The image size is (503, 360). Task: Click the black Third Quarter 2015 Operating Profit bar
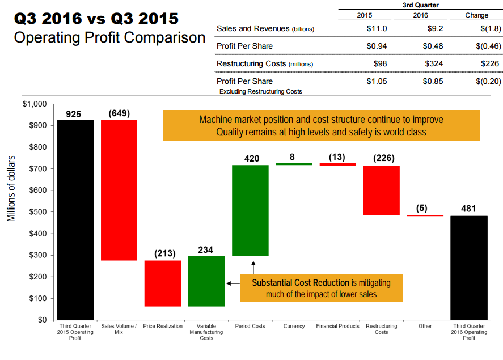[x=75, y=219]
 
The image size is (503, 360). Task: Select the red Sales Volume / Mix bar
[x=119, y=190]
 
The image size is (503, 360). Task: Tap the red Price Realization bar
[x=163, y=283]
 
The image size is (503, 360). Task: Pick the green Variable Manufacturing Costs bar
[x=206, y=281]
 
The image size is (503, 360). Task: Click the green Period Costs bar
[x=250, y=210]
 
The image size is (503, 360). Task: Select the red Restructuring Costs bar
[x=382, y=190]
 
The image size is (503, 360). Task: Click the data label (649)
[x=119, y=113]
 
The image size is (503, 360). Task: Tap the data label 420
[x=251, y=159]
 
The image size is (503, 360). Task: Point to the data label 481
[x=469, y=209]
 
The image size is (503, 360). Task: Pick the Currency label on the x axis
[x=294, y=326]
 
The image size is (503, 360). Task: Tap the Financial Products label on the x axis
[x=337, y=326]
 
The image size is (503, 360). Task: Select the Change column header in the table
[x=476, y=15]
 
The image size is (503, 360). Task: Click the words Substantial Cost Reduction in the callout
[x=301, y=282]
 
